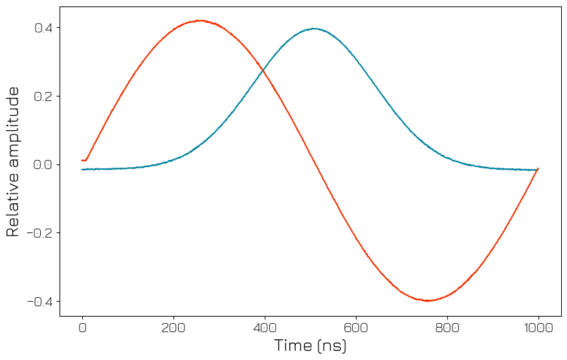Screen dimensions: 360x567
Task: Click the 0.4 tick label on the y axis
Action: (x=43, y=28)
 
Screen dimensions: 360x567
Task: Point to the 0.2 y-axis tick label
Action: (x=43, y=96)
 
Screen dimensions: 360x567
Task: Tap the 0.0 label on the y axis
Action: (x=43, y=164)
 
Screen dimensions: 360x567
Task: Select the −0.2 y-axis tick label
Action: (x=39, y=233)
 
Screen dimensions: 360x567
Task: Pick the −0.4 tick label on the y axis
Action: (x=39, y=302)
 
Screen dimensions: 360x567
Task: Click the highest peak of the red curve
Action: (x=200, y=21)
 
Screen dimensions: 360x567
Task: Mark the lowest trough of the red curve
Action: (x=428, y=300)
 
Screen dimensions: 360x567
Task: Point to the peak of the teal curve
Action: (x=314, y=28)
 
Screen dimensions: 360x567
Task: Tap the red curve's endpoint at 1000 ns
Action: (x=538, y=168)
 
